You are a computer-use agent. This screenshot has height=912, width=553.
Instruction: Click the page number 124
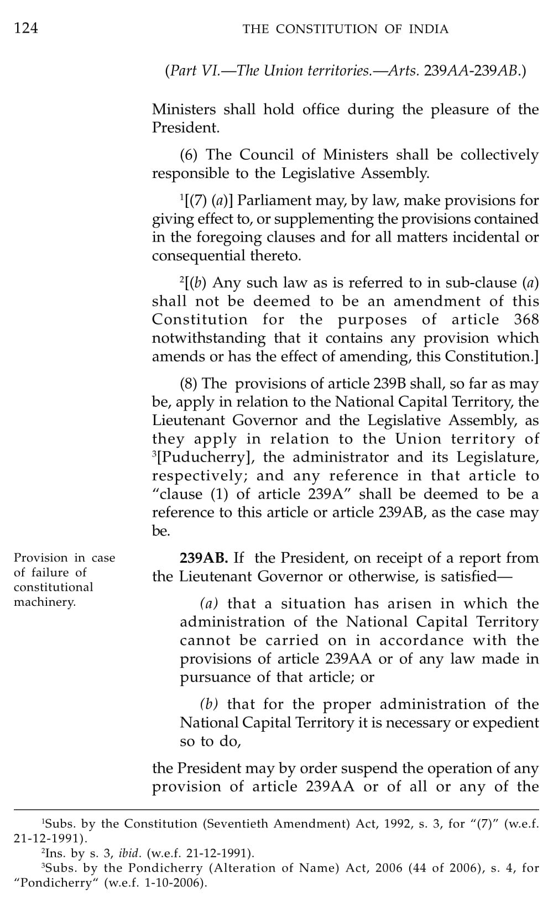pyautogui.click(x=26, y=28)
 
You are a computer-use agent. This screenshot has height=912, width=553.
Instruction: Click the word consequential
pyautogui.click(x=194, y=255)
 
